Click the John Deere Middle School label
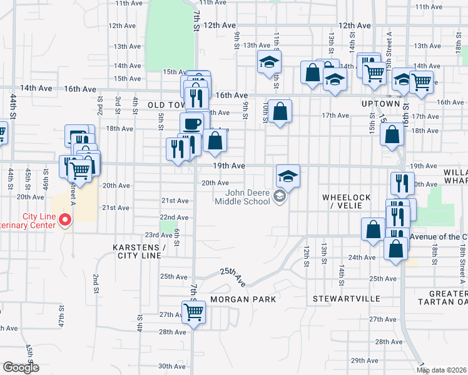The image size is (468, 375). (x=242, y=196)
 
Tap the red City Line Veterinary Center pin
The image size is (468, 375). (x=64, y=220)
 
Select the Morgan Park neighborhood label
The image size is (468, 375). (x=243, y=299)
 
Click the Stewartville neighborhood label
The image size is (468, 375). (x=346, y=299)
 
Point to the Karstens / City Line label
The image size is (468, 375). (x=139, y=251)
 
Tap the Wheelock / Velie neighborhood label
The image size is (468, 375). (x=347, y=201)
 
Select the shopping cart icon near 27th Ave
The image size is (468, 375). (x=194, y=312)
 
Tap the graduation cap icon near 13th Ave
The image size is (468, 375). (x=270, y=62)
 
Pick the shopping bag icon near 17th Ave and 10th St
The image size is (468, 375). (x=280, y=111)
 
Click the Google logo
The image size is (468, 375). (x=21, y=367)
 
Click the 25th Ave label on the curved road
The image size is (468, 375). (x=233, y=277)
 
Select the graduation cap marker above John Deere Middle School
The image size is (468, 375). (x=288, y=176)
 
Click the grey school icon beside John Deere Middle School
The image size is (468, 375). (x=280, y=198)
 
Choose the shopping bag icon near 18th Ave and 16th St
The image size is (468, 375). (x=392, y=134)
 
